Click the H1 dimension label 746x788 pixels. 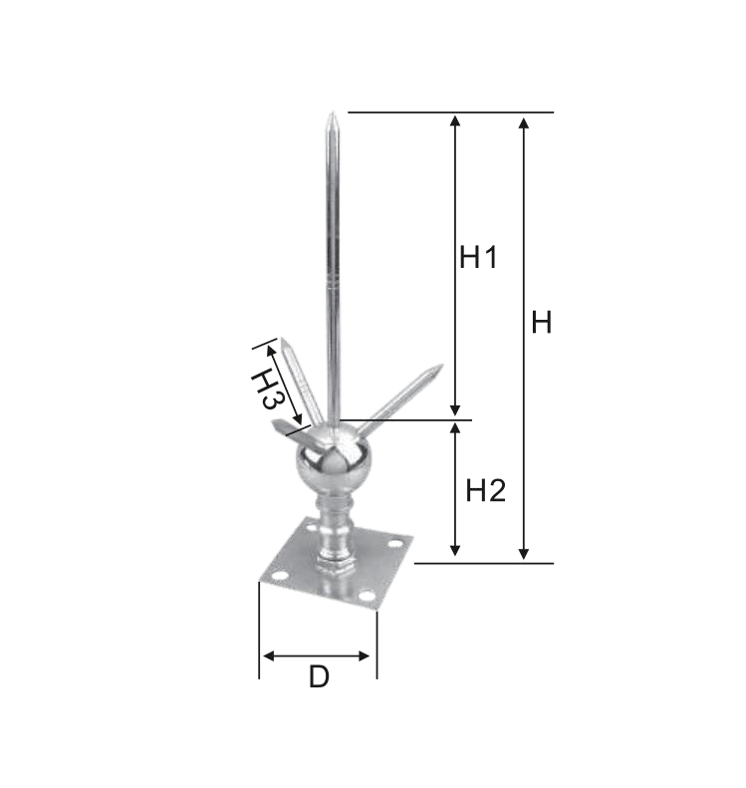pyautogui.click(x=478, y=257)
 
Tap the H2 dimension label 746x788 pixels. pyautogui.click(x=485, y=490)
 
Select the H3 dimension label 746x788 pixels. pyautogui.click(x=268, y=390)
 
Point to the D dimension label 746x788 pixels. pyautogui.click(x=319, y=676)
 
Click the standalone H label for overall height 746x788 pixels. pyautogui.click(x=542, y=322)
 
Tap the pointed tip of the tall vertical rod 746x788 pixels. pyautogui.click(x=332, y=114)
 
